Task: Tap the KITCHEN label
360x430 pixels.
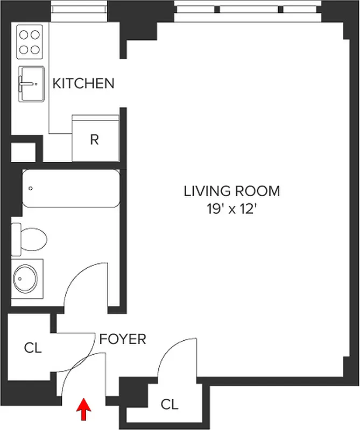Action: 83,83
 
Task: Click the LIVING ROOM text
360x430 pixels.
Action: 232,191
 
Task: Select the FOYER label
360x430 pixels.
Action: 122,339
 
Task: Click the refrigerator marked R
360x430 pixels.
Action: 95,139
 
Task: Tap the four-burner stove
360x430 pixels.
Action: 30,42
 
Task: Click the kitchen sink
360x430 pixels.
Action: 32,83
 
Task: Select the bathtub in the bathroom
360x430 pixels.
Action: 70,189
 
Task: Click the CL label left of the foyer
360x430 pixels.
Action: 32,348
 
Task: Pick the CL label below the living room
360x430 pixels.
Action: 170,404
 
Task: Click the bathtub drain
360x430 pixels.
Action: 31,189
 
